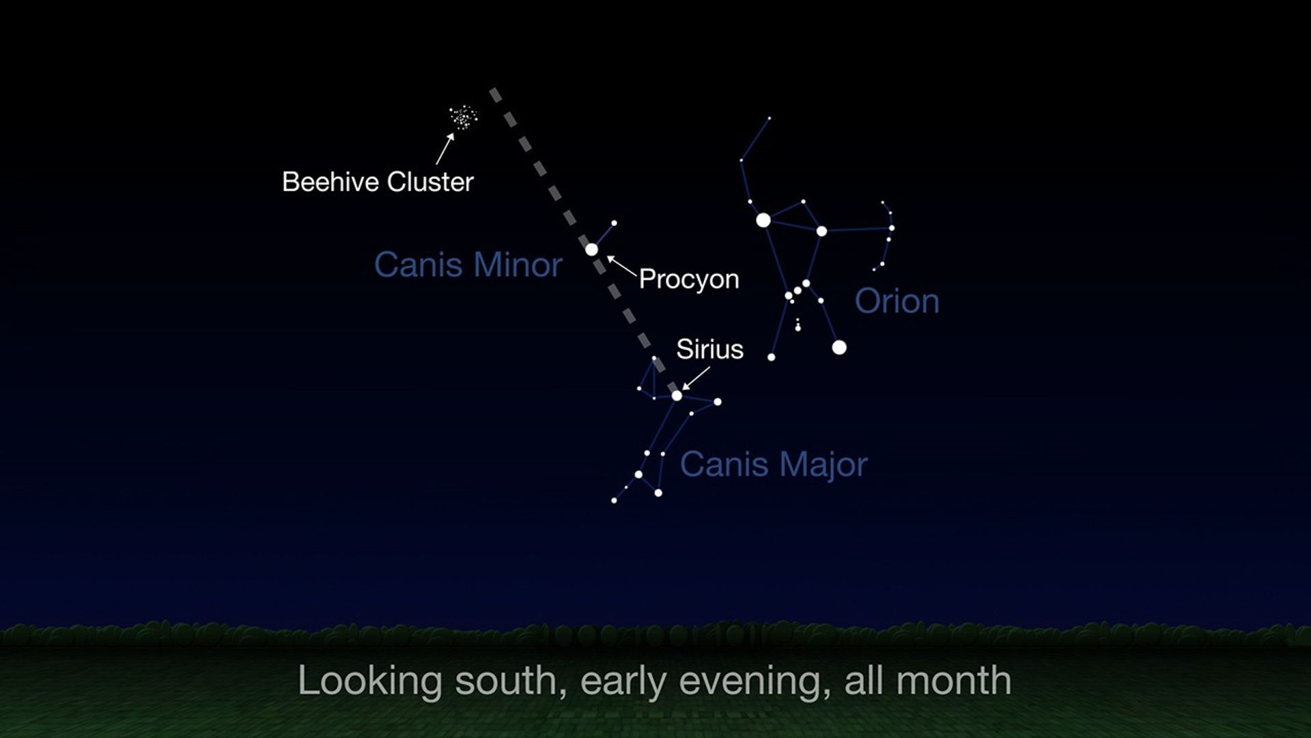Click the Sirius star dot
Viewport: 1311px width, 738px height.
coord(677,395)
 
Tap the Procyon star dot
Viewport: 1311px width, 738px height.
coord(591,249)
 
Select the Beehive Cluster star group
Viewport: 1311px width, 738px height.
coord(464,118)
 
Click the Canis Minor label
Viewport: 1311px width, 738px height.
coord(468,264)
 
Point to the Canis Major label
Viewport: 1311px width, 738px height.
coord(774,464)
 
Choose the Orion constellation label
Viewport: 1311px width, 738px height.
coord(897,301)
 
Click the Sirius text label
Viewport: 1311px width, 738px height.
coord(709,349)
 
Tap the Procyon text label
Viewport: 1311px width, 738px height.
coord(689,279)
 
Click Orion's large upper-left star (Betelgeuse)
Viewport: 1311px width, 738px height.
coord(763,220)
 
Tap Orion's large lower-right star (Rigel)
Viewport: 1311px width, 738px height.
coord(839,347)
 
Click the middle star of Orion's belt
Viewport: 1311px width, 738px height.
coord(798,290)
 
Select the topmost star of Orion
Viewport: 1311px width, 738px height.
coord(770,118)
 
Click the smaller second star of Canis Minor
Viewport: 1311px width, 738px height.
coord(614,223)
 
